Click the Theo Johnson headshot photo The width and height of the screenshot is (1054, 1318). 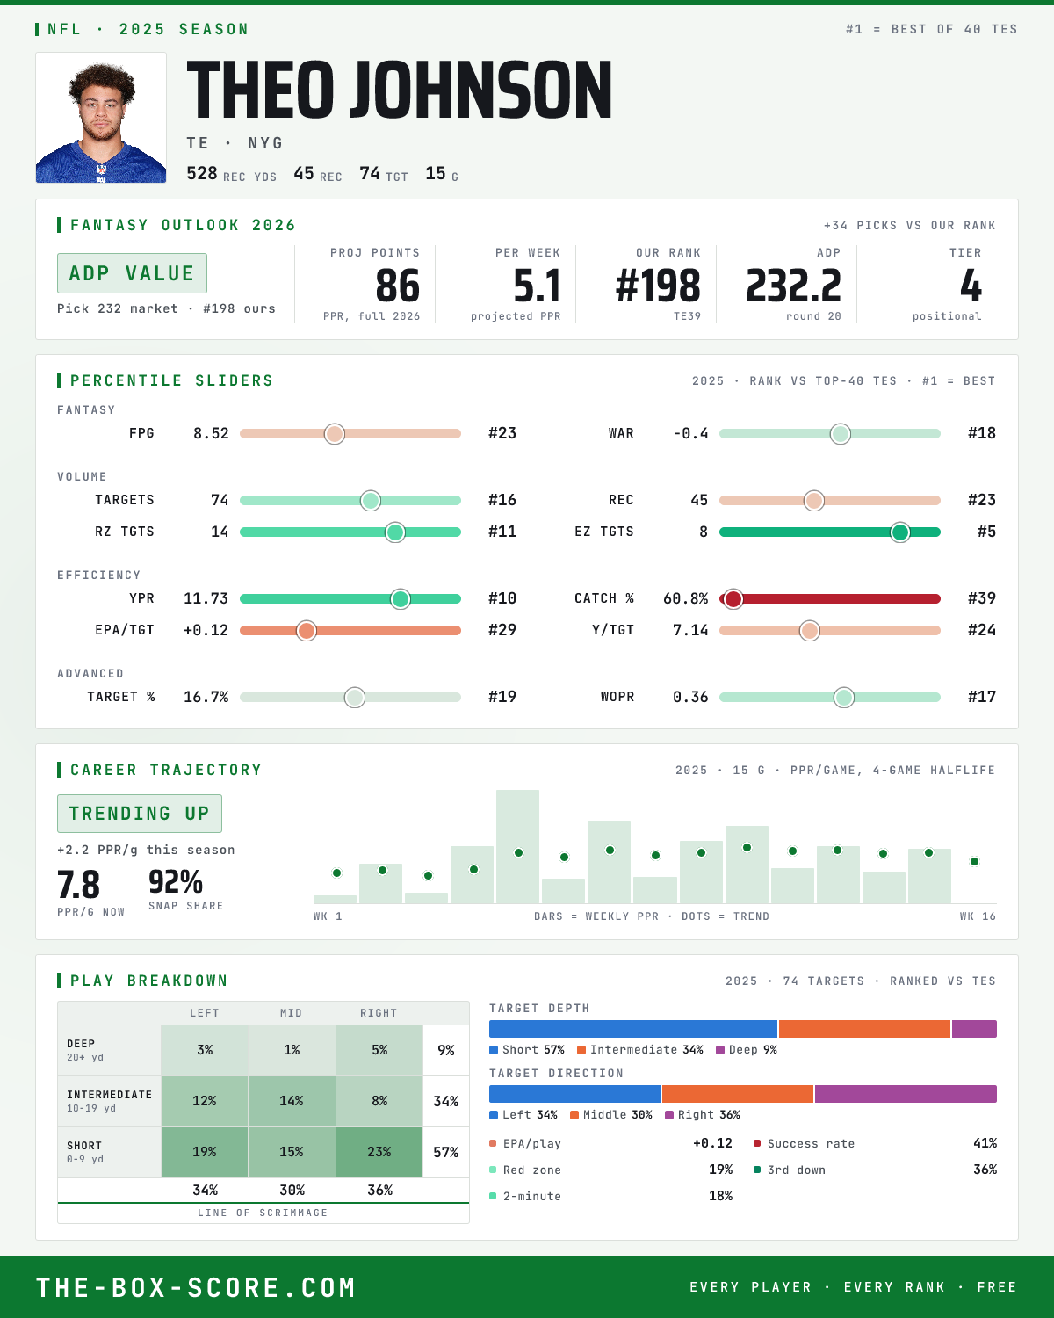click(x=101, y=118)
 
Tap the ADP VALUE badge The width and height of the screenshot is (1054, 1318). click(x=132, y=273)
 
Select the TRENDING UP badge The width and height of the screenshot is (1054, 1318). click(x=139, y=814)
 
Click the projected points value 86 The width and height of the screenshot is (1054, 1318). click(x=398, y=286)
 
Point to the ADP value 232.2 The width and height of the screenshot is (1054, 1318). click(x=793, y=286)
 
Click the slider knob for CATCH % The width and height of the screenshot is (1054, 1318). click(x=733, y=599)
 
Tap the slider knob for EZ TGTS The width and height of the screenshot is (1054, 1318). click(x=899, y=532)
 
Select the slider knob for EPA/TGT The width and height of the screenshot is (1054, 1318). click(x=307, y=631)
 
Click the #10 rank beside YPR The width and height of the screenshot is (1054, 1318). click(x=502, y=598)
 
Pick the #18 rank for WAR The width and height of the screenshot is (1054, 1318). click(x=982, y=433)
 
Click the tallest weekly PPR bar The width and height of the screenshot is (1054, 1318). click(x=517, y=846)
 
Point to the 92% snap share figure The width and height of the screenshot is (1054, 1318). click(x=176, y=882)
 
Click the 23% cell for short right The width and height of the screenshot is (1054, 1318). click(x=379, y=1152)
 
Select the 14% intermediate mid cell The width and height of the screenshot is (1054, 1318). click(x=292, y=1101)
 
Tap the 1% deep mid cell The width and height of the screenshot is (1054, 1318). click(x=292, y=1050)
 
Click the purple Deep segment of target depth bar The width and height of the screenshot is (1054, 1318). click(x=974, y=1029)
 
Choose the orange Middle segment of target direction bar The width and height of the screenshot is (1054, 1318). click(x=738, y=1094)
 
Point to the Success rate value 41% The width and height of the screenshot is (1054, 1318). click(x=985, y=1143)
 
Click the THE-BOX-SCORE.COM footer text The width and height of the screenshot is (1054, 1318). click(x=195, y=1287)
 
